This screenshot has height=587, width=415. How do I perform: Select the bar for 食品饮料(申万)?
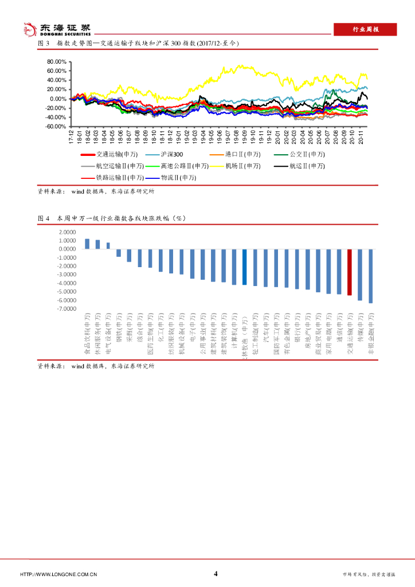pyautogui.click(x=87, y=244)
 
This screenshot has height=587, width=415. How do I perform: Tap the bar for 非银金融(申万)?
pyautogui.click(x=371, y=276)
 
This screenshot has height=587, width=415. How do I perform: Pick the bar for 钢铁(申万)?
pyautogui.click(x=119, y=253)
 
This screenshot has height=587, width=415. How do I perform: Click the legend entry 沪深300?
pyautogui.click(x=172, y=155)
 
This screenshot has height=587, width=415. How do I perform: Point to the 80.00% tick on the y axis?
pyautogui.click(x=57, y=61)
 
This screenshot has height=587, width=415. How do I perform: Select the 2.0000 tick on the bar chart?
pyautogui.click(x=66, y=232)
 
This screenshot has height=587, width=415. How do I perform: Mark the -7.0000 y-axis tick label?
pyautogui.click(x=66, y=308)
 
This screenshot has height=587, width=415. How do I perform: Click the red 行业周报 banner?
pyautogui.click(x=365, y=29)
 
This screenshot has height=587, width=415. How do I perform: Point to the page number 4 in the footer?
pyautogui.click(x=216, y=573)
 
